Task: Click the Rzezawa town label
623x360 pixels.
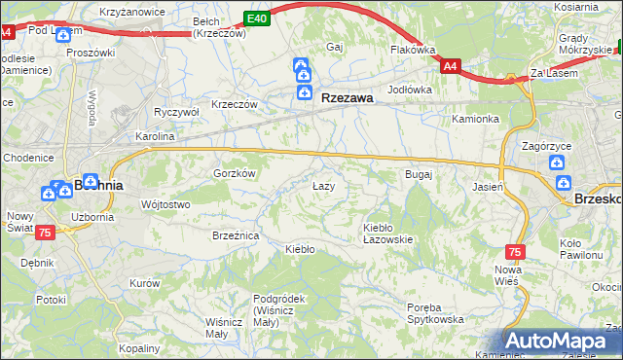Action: click(x=348, y=96)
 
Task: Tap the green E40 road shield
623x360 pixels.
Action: click(x=256, y=18)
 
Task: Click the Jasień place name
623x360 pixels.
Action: click(x=488, y=186)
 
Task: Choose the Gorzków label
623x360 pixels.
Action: click(x=234, y=172)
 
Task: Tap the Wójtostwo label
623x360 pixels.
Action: click(x=165, y=204)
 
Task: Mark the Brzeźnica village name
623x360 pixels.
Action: click(x=235, y=235)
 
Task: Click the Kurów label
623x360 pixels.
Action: click(x=144, y=283)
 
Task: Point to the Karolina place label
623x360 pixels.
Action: click(x=154, y=137)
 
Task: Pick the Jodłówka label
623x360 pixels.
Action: click(x=409, y=89)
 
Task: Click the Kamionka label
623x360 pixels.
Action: click(x=475, y=119)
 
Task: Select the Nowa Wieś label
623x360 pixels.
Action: click(x=508, y=275)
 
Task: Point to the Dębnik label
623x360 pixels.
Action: click(x=37, y=263)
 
